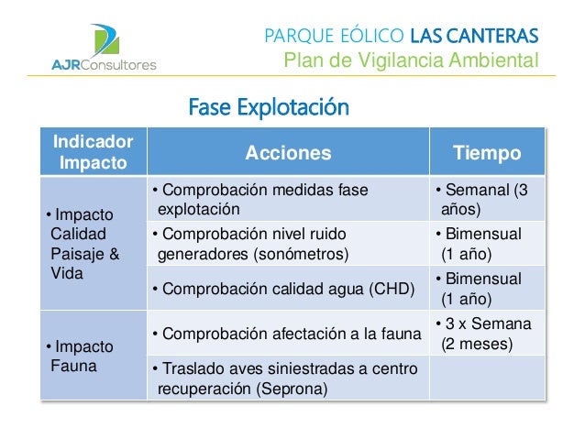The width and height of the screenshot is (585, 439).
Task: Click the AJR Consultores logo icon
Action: (105, 40)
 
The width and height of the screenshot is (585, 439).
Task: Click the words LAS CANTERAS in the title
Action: (474, 36)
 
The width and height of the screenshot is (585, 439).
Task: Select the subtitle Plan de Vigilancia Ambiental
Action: (412, 60)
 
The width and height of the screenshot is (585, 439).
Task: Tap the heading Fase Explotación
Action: (269, 107)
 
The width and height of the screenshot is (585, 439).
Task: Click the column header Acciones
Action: (288, 153)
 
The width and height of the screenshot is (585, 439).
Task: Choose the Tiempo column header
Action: (487, 153)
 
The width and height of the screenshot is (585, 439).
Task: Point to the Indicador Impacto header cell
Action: (94, 152)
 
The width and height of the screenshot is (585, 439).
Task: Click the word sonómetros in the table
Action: (301, 255)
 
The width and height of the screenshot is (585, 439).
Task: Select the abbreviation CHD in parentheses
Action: (392, 289)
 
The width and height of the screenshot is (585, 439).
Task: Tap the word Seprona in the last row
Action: (293, 389)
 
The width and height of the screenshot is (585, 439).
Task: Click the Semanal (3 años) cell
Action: (487, 199)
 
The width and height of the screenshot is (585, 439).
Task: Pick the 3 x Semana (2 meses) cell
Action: (487, 333)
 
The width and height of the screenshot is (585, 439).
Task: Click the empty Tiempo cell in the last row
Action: (487, 378)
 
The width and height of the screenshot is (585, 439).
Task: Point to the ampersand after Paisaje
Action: (115, 254)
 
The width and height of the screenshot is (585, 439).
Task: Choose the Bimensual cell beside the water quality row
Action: (487, 289)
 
